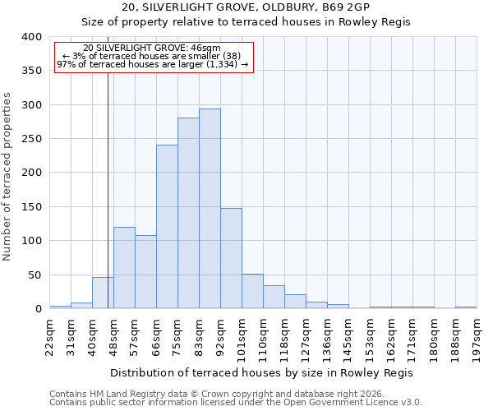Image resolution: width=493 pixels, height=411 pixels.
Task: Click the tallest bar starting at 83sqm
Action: point(210,209)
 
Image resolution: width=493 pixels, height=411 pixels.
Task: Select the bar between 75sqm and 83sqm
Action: point(188,214)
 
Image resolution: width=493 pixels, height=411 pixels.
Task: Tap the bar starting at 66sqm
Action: point(167,227)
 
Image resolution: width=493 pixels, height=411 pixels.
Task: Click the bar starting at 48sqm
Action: point(124,268)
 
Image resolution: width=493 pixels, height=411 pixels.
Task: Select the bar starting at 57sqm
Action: point(145,272)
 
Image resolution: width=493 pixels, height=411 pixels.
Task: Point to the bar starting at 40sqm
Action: point(103,293)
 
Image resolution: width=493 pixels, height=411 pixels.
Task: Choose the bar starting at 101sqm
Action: point(252,291)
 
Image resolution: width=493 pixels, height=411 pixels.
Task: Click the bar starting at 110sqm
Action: point(274,297)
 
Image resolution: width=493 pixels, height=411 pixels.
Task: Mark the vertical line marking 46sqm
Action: point(108,189)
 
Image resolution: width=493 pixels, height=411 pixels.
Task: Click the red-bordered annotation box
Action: point(153,57)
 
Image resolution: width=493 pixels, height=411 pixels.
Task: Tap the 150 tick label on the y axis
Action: point(32,206)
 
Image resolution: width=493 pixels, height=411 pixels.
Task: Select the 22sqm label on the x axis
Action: point(50,333)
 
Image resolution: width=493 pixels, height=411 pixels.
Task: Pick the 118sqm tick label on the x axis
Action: point(285,335)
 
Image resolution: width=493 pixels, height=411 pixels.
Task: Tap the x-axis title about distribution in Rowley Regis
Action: point(262,373)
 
